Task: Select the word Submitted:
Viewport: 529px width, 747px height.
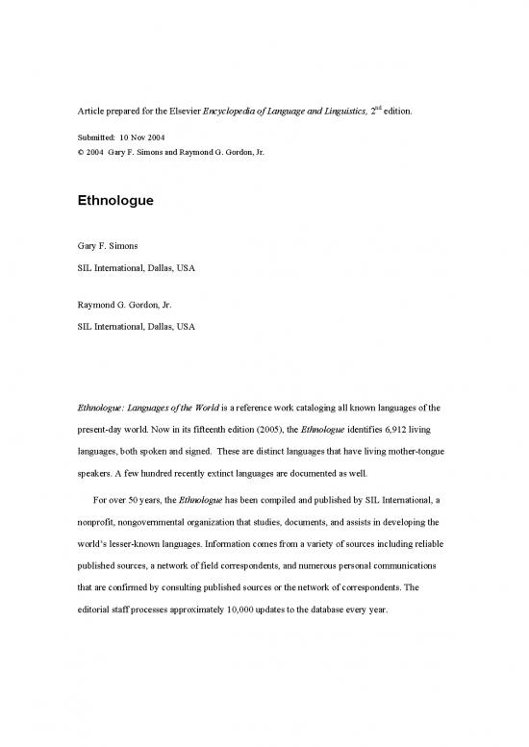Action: [x=97, y=137]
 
